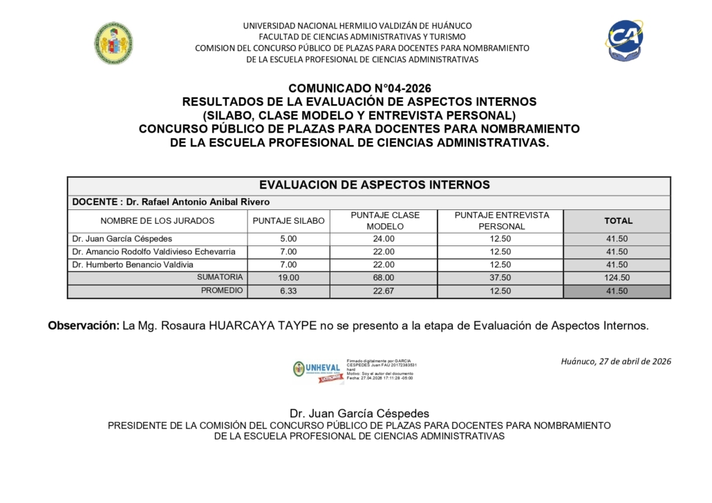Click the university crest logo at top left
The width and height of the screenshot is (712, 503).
pyautogui.click(x=113, y=43)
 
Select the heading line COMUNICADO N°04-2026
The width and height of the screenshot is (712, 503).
pyautogui.click(x=359, y=88)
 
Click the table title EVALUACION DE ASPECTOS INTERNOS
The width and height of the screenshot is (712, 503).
pyautogui.click(x=374, y=185)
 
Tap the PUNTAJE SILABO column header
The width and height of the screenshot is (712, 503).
pyautogui.click(x=288, y=221)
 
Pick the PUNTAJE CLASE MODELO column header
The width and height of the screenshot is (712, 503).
pyautogui.click(x=384, y=221)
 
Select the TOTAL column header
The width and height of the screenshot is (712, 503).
pyautogui.click(x=618, y=221)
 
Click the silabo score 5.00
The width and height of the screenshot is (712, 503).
pyautogui.click(x=288, y=239)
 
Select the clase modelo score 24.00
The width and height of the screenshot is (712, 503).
pyautogui.click(x=384, y=239)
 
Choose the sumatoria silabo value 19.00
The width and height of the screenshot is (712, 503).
pyautogui.click(x=288, y=278)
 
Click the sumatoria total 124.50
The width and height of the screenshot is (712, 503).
pyautogui.click(x=618, y=278)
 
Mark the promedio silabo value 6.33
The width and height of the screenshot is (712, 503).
pyautogui.click(x=288, y=291)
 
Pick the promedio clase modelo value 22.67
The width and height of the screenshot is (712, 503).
pyautogui.click(x=384, y=291)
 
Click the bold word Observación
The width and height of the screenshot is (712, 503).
pyautogui.click(x=83, y=326)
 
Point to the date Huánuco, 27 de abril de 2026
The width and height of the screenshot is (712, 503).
pyautogui.click(x=616, y=361)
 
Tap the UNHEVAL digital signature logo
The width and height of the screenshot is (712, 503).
pyautogui.click(x=317, y=370)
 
